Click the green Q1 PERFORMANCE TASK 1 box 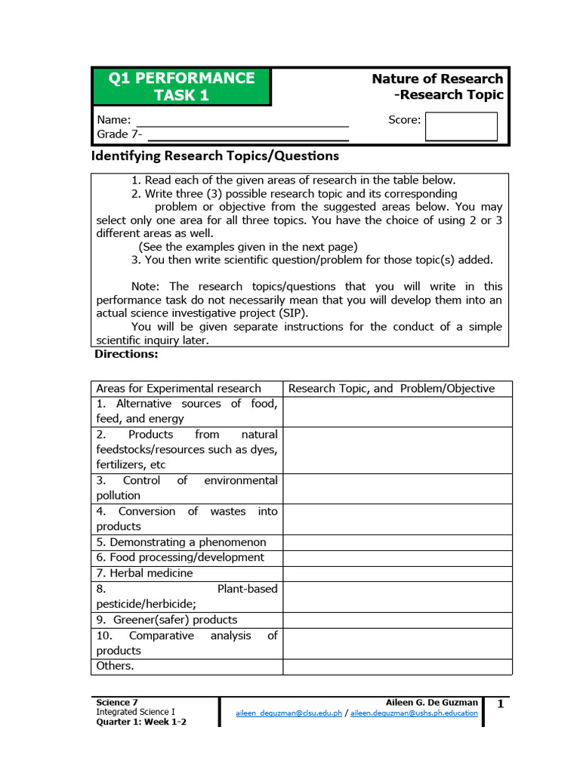181,87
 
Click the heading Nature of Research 437,79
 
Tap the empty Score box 461,126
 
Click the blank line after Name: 242,121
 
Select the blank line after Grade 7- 248,135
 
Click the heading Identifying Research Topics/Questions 215,156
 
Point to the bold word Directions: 125,353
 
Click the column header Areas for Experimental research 179,388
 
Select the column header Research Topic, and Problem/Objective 391,388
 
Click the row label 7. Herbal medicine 144,573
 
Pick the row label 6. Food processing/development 180,557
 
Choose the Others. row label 115,666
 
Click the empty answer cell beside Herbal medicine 397,573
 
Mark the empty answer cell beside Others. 397,666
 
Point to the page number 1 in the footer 500,704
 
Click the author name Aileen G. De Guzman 431,702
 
